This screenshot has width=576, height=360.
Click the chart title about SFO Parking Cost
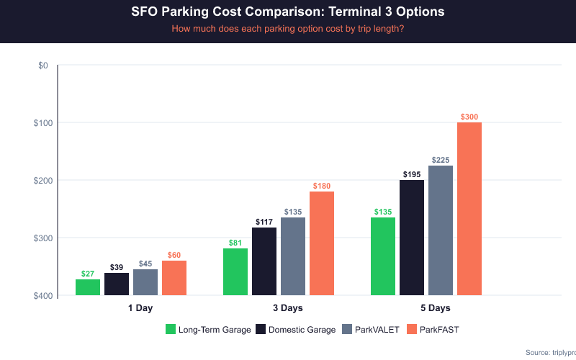pos(288,12)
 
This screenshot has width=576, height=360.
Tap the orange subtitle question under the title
pos(288,29)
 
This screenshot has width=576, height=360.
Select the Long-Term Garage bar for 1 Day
pos(88,287)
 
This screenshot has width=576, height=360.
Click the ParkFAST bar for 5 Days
pos(469,209)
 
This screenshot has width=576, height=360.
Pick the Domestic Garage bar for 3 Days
pos(264,261)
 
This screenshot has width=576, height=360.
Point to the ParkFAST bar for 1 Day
pos(174,278)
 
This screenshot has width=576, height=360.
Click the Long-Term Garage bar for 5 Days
pos(383,256)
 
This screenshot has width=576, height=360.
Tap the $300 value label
pos(469,117)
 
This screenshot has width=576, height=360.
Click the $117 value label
pos(264,222)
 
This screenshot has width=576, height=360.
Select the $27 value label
pos(88,274)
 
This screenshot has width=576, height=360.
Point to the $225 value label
pos(441,160)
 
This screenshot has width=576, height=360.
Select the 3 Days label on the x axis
pos(288,308)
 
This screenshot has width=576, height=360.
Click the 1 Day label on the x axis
pos(140,308)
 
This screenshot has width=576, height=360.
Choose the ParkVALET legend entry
pos(373,329)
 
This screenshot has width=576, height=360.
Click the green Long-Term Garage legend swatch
pos(171,329)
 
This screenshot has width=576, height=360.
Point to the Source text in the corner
pos(550,352)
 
